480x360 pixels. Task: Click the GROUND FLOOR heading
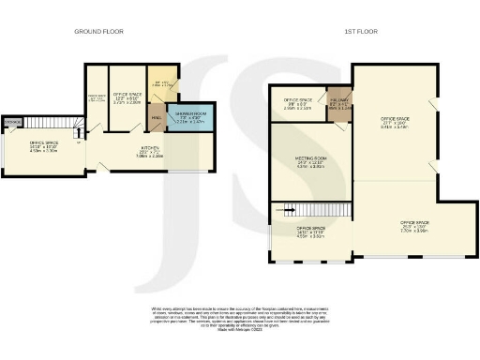99,32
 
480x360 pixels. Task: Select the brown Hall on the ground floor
157,117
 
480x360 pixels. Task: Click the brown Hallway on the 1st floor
338,104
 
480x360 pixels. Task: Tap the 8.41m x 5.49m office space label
395,122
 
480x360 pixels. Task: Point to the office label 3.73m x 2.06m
127,98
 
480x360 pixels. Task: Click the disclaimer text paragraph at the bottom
240,319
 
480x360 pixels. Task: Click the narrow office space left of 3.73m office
96,98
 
